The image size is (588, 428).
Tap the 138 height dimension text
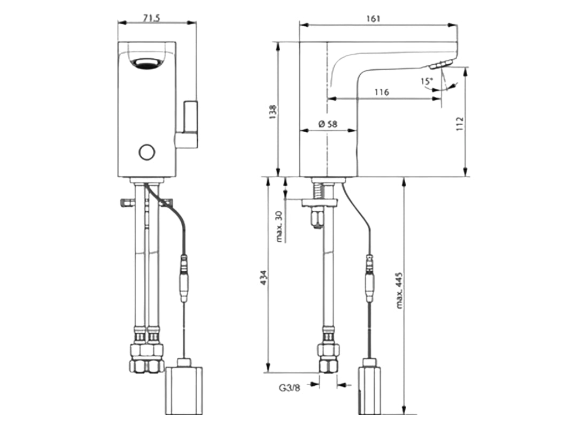click(273, 111)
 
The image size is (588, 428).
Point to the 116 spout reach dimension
click(381, 92)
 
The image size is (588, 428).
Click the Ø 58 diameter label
click(327, 124)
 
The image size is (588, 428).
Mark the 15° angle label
click(426, 81)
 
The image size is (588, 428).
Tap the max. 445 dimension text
click(399, 294)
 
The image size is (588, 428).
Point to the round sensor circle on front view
click(146, 152)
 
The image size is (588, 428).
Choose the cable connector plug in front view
click(184, 278)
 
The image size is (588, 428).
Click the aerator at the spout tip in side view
click(439, 65)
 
